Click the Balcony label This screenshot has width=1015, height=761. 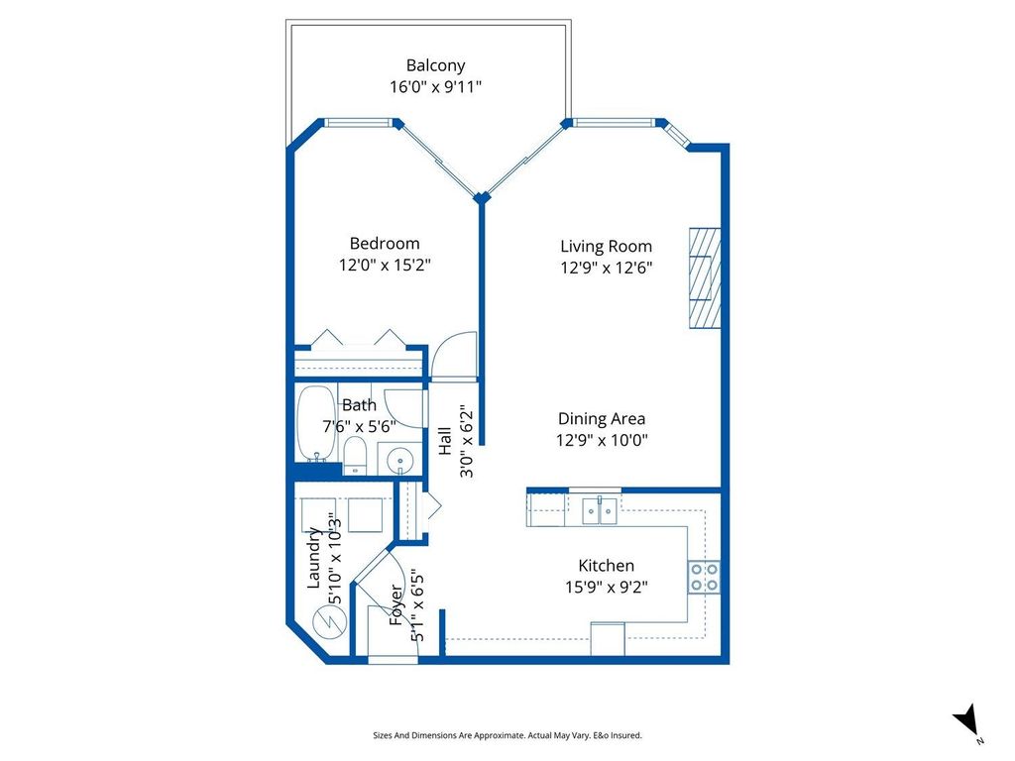(435, 65)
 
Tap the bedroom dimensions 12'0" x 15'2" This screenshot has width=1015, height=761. (385, 266)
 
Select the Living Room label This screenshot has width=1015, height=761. (606, 246)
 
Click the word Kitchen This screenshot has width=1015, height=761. (606, 565)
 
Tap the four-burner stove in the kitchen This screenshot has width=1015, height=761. (704, 576)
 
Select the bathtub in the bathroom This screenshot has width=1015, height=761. (316, 423)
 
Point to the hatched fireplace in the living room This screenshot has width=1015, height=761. (705, 277)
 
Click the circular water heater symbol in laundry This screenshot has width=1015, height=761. (326, 622)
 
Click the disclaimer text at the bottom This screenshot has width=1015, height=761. (507, 735)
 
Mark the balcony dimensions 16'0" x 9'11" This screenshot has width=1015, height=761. (435, 87)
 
